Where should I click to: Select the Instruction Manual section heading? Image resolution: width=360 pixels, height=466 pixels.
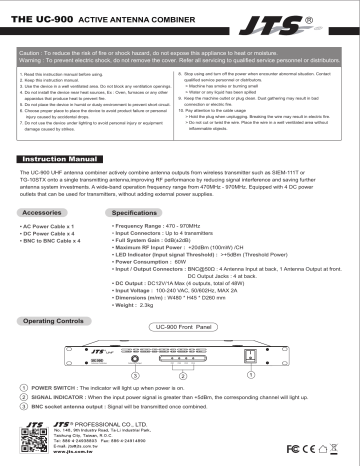[x=62, y=158]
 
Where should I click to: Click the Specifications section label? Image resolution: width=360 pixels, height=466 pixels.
[x=136, y=213]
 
